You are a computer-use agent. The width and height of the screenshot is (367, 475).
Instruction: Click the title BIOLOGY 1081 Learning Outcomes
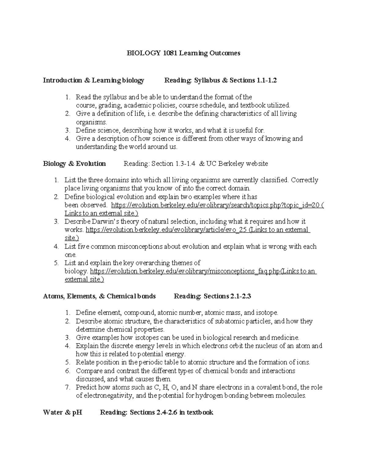[183, 53]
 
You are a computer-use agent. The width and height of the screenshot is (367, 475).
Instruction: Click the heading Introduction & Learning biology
[93, 80]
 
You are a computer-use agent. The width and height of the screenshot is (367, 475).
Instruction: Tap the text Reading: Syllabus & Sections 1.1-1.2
[221, 80]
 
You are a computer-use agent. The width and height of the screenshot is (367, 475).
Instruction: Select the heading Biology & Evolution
[74, 164]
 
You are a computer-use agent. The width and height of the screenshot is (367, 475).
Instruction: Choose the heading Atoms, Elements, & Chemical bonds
[99, 296]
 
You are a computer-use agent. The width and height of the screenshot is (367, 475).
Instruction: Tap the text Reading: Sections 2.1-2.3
[212, 296]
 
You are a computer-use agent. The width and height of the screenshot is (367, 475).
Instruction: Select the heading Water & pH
[63, 412]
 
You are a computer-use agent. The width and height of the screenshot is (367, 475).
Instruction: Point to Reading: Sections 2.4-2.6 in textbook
[156, 412]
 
